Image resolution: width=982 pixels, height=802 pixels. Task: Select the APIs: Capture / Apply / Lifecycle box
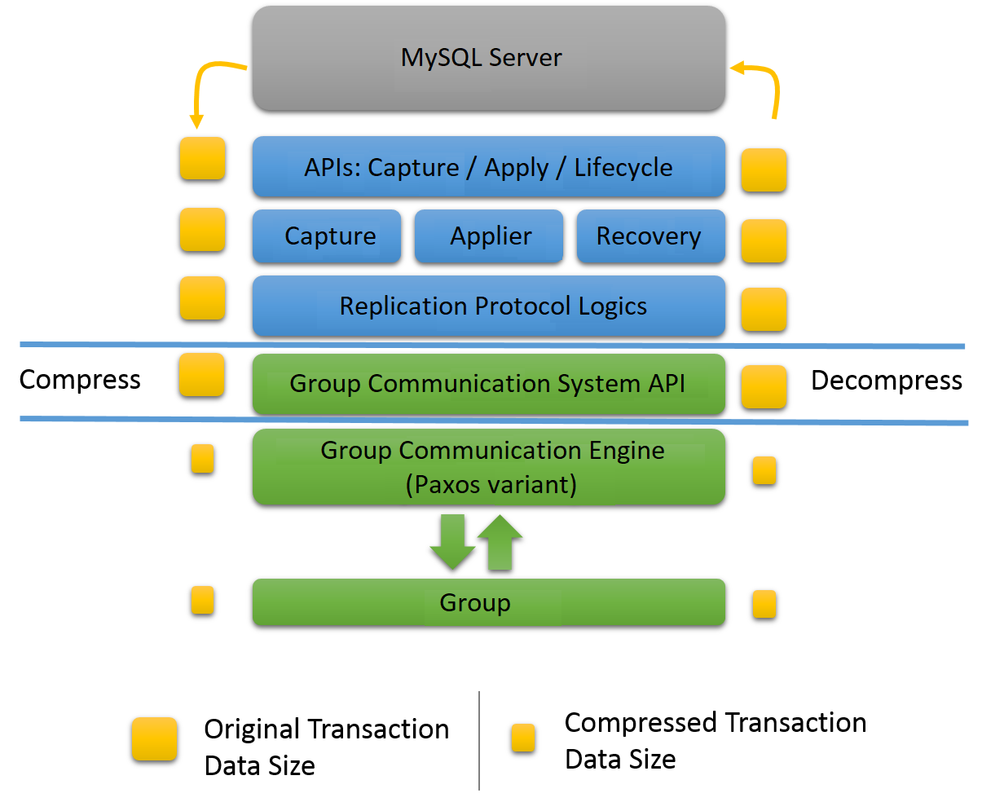tap(488, 167)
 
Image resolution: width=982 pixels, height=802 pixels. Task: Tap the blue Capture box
tap(327, 236)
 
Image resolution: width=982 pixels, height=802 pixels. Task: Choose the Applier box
tap(489, 236)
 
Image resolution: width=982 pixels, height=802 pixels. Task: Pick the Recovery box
tap(650, 236)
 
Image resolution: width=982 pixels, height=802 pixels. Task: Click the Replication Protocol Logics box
tap(488, 306)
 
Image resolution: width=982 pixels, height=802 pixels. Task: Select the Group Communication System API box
tap(488, 383)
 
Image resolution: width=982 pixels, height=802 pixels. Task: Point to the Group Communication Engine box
tap(488, 467)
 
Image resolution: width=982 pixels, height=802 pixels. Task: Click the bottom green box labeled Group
tap(488, 603)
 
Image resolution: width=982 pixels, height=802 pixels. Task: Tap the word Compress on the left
tap(80, 380)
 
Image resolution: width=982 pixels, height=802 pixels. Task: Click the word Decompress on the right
tap(886, 381)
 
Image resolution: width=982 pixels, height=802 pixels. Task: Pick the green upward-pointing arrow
tap(500, 541)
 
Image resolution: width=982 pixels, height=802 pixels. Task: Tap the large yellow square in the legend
tap(155, 739)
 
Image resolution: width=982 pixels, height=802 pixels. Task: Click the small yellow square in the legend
tap(522, 738)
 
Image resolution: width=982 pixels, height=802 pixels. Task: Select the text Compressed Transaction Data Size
tap(715, 740)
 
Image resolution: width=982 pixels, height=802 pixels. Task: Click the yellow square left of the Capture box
tap(202, 229)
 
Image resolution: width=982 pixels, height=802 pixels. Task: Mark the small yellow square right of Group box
tap(764, 604)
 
